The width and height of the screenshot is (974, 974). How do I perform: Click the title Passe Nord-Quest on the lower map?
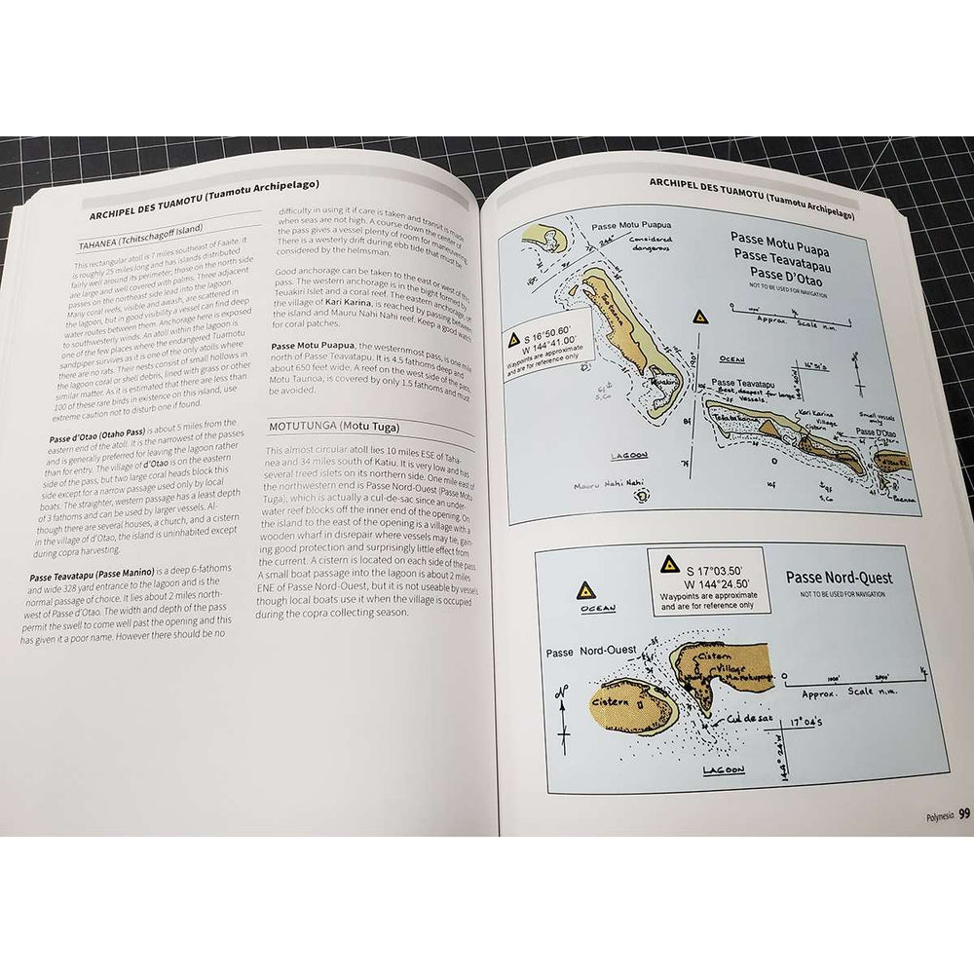click(x=839, y=578)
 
